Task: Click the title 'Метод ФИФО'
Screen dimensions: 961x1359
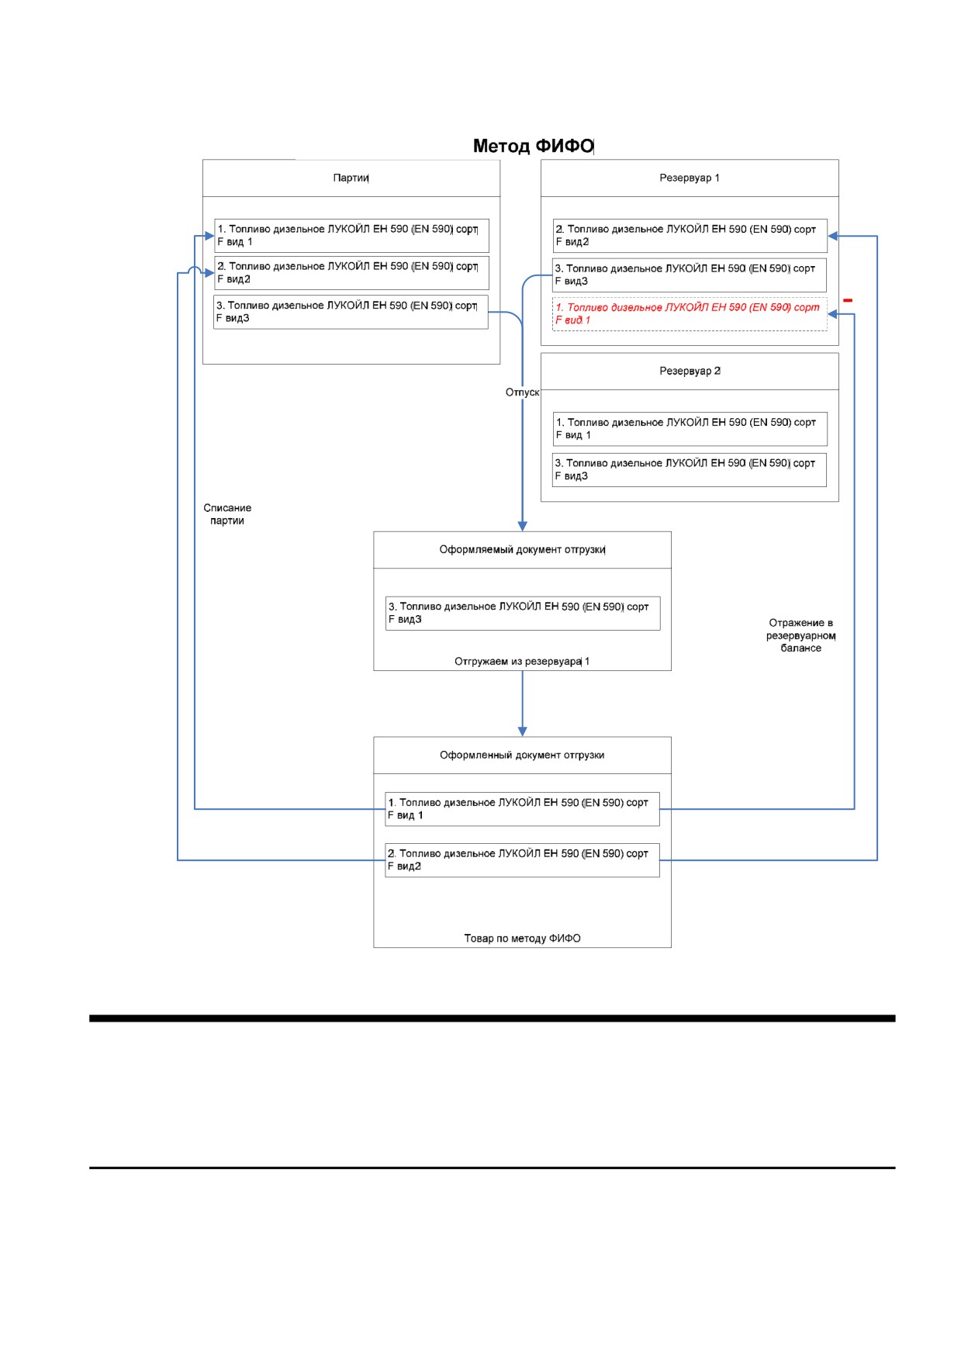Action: coord(533,146)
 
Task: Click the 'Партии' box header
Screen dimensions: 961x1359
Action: coord(351,178)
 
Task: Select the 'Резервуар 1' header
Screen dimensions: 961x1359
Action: coord(690,178)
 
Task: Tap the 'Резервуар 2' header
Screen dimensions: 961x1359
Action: coord(690,372)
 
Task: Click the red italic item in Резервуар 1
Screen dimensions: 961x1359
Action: coord(690,314)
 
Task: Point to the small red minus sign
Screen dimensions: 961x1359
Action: coord(848,300)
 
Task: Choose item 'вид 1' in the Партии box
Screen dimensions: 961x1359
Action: coord(351,236)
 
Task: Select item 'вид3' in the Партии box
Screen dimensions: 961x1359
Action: coord(351,312)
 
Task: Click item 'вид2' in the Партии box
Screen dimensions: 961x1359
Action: coord(351,273)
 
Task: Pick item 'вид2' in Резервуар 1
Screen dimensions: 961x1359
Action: coord(690,236)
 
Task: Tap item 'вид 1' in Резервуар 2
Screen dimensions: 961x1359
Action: coord(690,429)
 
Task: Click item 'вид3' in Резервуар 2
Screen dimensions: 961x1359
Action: coord(690,470)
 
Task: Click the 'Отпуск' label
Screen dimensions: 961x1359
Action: coord(522,392)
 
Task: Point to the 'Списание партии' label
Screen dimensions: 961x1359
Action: coord(227,514)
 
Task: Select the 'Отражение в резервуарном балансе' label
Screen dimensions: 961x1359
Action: coord(801,635)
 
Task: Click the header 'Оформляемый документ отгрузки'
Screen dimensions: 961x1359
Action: coord(522,550)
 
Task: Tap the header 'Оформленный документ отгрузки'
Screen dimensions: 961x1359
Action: coord(522,756)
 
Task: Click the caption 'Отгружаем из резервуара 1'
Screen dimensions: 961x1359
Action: coord(522,662)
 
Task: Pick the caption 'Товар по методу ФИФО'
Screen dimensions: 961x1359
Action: coord(522,939)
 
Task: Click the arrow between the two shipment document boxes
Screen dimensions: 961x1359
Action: coord(522,704)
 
